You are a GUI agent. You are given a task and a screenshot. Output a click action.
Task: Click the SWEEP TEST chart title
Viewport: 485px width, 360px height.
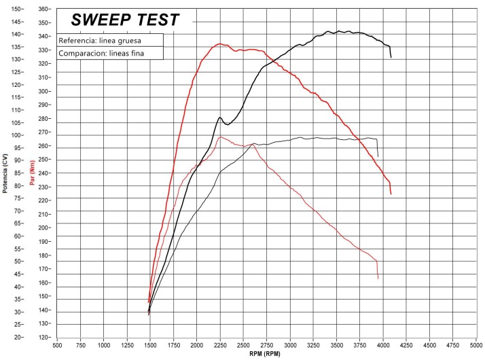tap(126, 20)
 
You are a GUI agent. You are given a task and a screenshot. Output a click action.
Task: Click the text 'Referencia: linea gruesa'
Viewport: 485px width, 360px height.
tap(98, 40)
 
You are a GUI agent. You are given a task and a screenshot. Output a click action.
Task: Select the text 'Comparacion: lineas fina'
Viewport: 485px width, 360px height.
tap(101, 53)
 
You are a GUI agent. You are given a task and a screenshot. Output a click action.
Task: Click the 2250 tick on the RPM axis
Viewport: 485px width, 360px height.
tap(219, 345)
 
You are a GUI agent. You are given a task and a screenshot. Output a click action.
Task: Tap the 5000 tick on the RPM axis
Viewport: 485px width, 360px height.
tap(475, 345)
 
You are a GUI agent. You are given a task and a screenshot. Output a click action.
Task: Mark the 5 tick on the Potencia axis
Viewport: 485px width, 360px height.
tap(19, 325)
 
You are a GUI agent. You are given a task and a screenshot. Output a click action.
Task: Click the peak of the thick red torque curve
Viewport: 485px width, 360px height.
tap(219, 44)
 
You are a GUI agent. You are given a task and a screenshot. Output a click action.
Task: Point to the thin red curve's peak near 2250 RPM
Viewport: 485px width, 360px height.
tap(220, 137)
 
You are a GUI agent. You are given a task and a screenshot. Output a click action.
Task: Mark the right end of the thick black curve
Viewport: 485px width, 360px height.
tap(391, 58)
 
